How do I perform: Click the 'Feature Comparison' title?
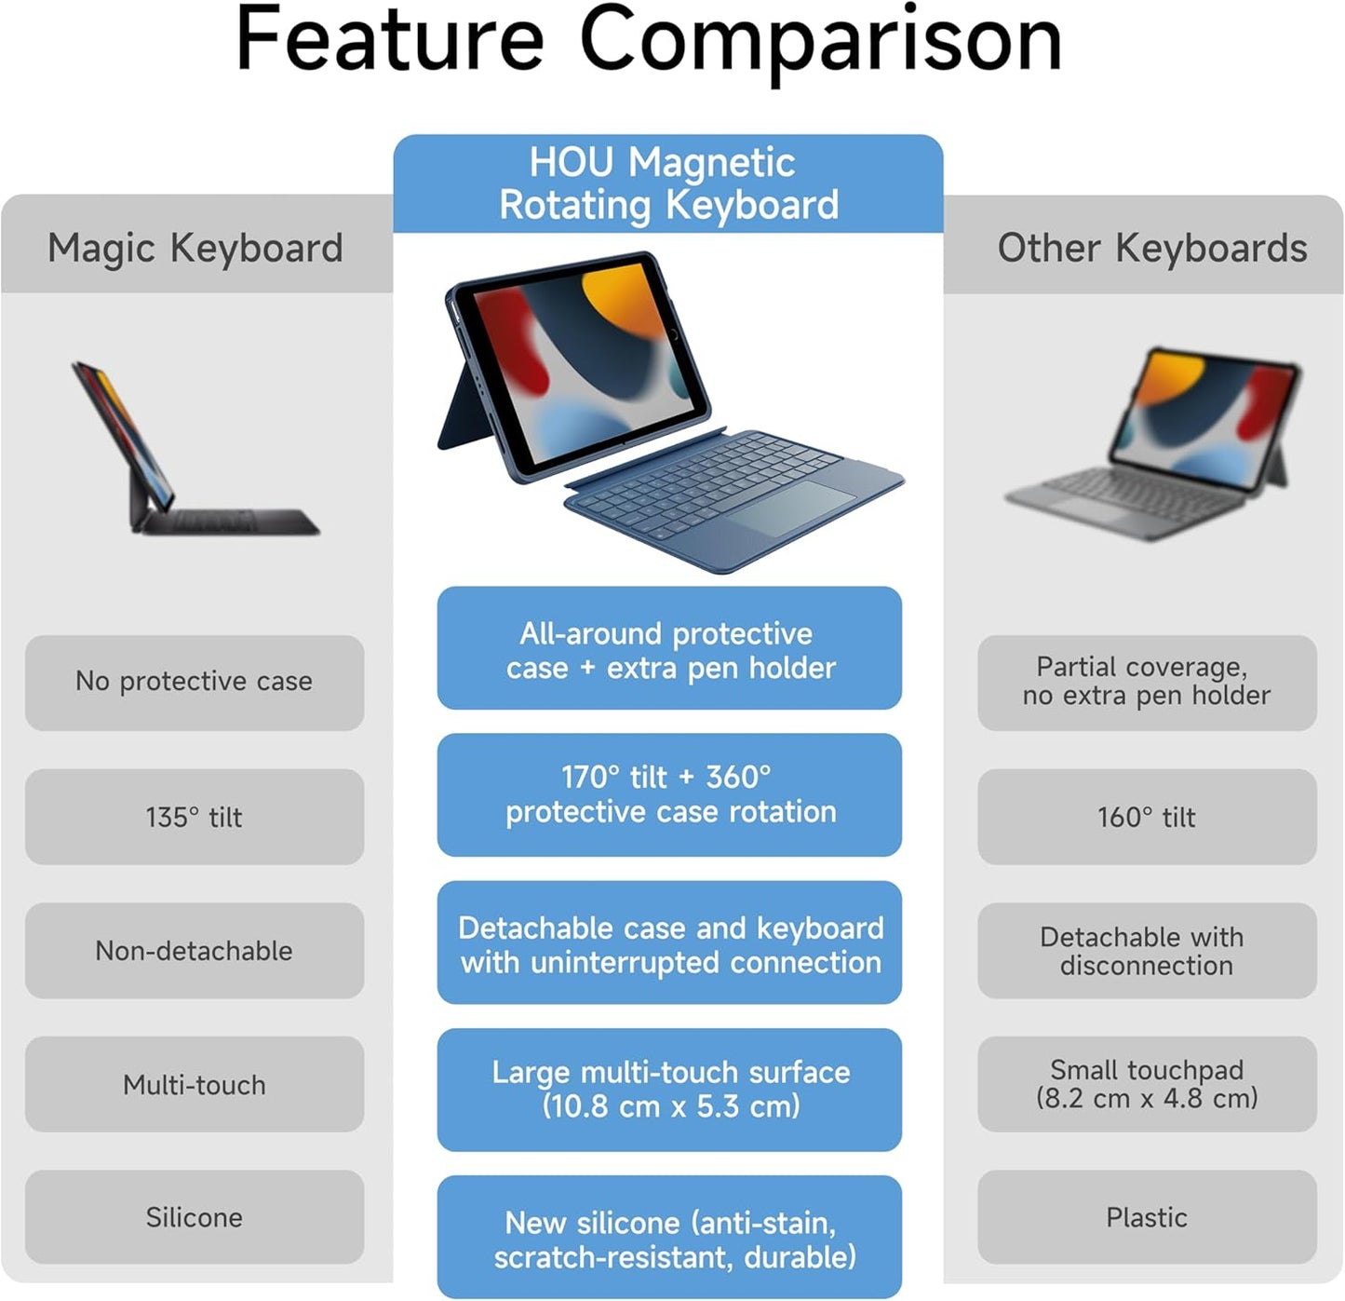649,41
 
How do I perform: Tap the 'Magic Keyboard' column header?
195,248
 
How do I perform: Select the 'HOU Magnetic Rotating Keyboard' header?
668,183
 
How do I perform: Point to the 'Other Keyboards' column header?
1151,248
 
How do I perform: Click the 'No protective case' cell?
195,682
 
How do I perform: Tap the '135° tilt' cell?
195,817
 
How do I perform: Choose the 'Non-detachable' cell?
195,951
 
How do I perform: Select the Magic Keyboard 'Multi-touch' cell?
195,1085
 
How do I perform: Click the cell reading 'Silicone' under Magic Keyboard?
195,1217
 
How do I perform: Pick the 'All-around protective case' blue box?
669,649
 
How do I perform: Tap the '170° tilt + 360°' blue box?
669,794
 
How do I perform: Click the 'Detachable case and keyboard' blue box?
669,942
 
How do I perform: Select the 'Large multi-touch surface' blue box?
669,1090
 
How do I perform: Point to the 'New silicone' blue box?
669,1238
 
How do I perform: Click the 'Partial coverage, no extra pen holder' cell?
1147,682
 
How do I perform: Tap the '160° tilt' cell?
1147,817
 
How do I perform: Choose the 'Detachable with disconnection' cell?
1147,951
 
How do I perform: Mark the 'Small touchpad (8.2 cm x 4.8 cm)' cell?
1147,1085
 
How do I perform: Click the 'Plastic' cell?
1147,1217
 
